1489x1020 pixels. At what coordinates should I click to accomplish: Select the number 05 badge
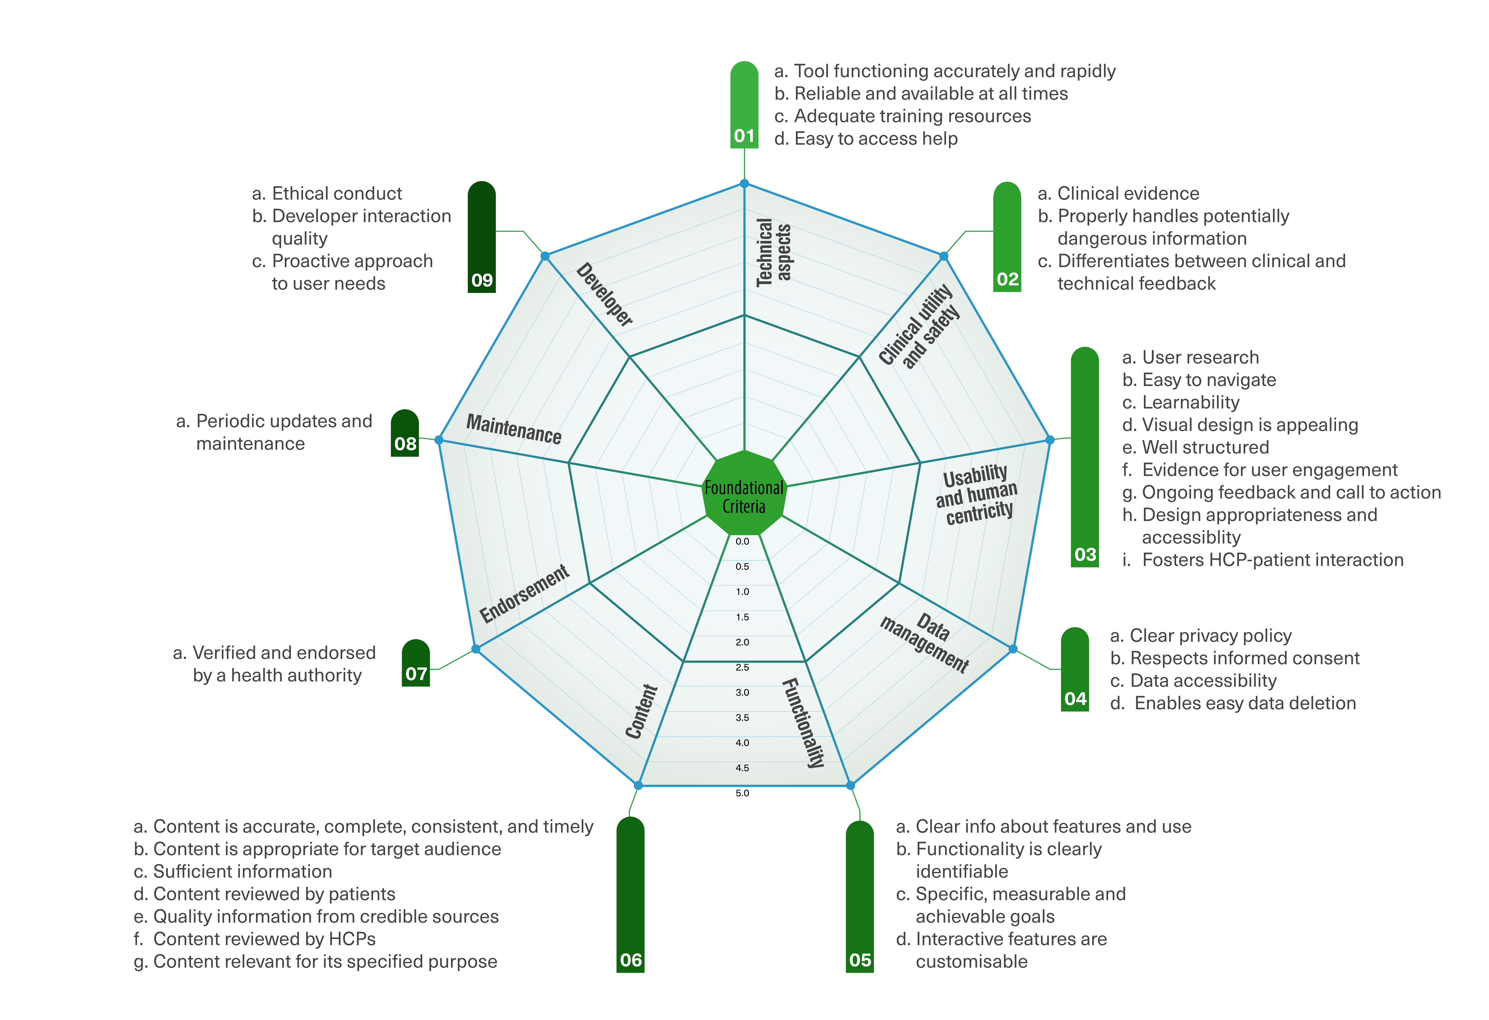click(x=860, y=959)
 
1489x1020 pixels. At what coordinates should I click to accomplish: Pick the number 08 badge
click(x=405, y=443)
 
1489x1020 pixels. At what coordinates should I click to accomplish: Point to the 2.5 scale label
click(x=742, y=667)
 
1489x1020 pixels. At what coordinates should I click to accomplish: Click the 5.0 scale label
click(x=742, y=793)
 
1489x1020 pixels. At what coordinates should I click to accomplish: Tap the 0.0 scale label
click(x=742, y=541)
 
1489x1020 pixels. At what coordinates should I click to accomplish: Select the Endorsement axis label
click(x=524, y=593)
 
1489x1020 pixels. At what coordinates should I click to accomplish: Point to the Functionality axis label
click(x=804, y=722)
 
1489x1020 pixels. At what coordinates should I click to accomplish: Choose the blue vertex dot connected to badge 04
click(x=1013, y=649)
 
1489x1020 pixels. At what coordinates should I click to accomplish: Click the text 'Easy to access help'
click(x=875, y=138)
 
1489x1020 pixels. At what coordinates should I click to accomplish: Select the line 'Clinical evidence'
click(x=1128, y=194)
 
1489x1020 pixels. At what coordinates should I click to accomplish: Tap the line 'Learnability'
click(x=1190, y=402)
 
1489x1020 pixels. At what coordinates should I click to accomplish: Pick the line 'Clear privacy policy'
click(x=1210, y=636)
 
